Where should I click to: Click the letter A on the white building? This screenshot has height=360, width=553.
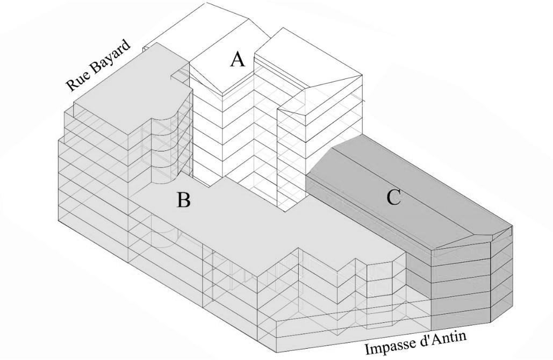pyautogui.click(x=237, y=59)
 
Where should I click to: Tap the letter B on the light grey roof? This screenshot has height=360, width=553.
pyautogui.click(x=183, y=200)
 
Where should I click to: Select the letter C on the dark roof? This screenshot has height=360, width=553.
pyautogui.click(x=393, y=198)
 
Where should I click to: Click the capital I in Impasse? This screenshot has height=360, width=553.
pyautogui.click(x=368, y=349)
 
